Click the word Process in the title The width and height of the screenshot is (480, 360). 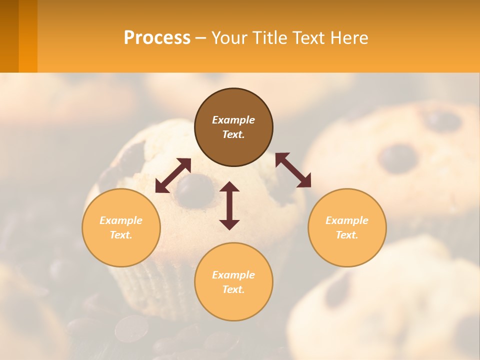coord(157,38)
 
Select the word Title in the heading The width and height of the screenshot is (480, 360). coord(271,38)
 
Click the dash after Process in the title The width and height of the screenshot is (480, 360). coord(200,39)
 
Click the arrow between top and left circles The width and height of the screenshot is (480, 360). coord(173,175)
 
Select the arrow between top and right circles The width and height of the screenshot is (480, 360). coord(293,170)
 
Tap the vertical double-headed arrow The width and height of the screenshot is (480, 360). coord(229,205)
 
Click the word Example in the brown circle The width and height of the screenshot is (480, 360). coord(233,120)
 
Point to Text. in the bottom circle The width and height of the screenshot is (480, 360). coord(233,289)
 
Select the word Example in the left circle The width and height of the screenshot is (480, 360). coord(121,220)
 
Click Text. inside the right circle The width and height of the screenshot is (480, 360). coord(347,235)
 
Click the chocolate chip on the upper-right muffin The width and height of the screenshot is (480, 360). coord(397,158)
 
